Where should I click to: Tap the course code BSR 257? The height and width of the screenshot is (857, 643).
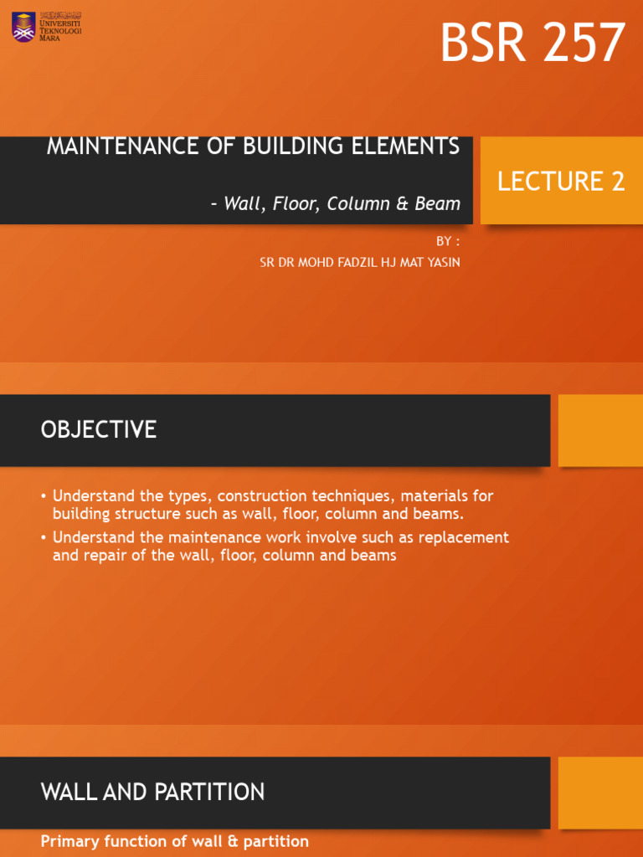point(532,44)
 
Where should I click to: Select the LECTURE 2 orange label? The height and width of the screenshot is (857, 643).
point(561,181)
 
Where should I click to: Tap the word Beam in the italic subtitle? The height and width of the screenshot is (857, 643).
point(438,203)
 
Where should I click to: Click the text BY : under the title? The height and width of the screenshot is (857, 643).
point(448,241)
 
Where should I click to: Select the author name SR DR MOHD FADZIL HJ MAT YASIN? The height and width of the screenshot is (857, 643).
point(360,262)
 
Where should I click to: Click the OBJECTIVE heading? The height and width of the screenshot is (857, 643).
point(99,430)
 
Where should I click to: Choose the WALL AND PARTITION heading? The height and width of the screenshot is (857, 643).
point(152,792)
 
